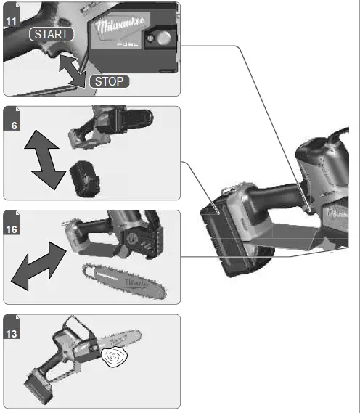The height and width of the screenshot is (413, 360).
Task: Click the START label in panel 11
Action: (x=50, y=34)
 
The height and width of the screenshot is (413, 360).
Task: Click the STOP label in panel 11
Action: (x=110, y=81)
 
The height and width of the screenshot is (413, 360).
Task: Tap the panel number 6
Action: (x=13, y=126)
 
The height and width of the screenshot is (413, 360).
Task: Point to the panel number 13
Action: (x=13, y=333)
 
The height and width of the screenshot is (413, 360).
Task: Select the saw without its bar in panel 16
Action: (x=116, y=236)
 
